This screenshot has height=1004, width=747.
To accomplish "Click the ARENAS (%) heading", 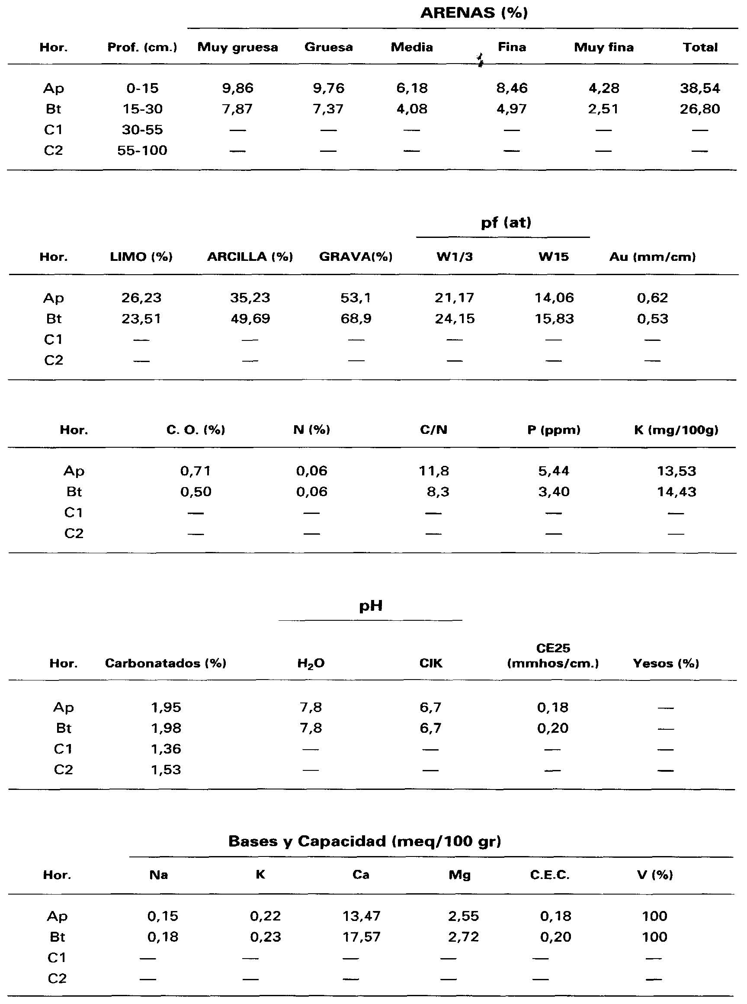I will pos(474,13).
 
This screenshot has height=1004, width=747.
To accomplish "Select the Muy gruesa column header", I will pos(237,48).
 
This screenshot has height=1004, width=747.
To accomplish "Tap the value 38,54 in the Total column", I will pos(699,88).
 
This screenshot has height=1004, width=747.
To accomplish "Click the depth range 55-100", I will pos(142,150).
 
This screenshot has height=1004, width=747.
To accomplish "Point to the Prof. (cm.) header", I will pos(142,48).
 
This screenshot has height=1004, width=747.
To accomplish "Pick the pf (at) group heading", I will pos(506,222).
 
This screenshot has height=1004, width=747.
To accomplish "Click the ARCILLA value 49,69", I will pos(250,318).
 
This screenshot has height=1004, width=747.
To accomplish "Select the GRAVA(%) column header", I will pos(356,257).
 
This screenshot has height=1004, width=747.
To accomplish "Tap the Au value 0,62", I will pos(652,298).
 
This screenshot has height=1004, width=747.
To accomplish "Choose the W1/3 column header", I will pos(455,257).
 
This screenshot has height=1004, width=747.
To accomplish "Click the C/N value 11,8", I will pos(434,471).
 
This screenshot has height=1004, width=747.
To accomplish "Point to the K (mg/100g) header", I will pos(676,430).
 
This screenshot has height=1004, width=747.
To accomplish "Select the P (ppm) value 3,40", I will pos(554,491).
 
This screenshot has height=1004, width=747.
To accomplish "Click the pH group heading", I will pos(371,606).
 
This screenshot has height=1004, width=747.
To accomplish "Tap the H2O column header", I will pos(311,664).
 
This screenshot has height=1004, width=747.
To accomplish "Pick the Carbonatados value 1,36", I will pos(166,749).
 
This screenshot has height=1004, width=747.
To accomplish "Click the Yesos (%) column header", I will pos(666,664).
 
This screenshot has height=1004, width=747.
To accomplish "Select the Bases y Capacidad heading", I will pos(365,841).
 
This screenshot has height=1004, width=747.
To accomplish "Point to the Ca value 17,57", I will pos(361,937).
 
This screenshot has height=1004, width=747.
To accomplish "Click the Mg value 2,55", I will pos(463,916).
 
